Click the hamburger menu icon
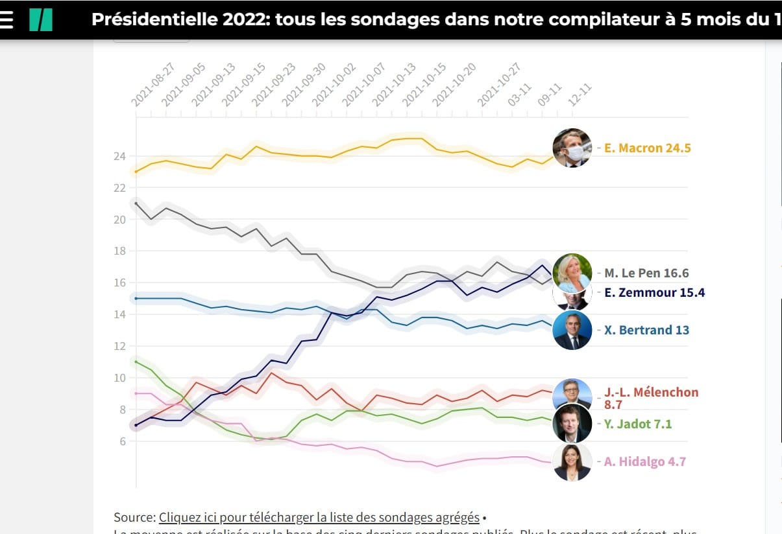(x=6, y=20)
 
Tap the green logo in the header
(x=40, y=20)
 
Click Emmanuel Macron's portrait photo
(x=572, y=148)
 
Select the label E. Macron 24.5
(x=647, y=148)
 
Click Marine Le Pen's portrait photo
(x=572, y=272)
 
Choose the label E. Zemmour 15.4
(x=654, y=293)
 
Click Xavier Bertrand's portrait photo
(x=572, y=330)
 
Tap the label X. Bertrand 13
(x=646, y=330)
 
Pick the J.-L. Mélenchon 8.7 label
(x=651, y=398)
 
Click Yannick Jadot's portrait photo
(x=572, y=424)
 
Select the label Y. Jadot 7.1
(x=638, y=424)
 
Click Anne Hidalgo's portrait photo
(x=572, y=462)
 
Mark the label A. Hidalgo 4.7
(x=645, y=462)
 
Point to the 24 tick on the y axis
(x=119, y=156)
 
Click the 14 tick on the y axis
(x=119, y=314)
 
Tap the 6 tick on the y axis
(x=122, y=441)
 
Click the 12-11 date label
(x=580, y=95)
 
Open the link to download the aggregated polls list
(x=319, y=517)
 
